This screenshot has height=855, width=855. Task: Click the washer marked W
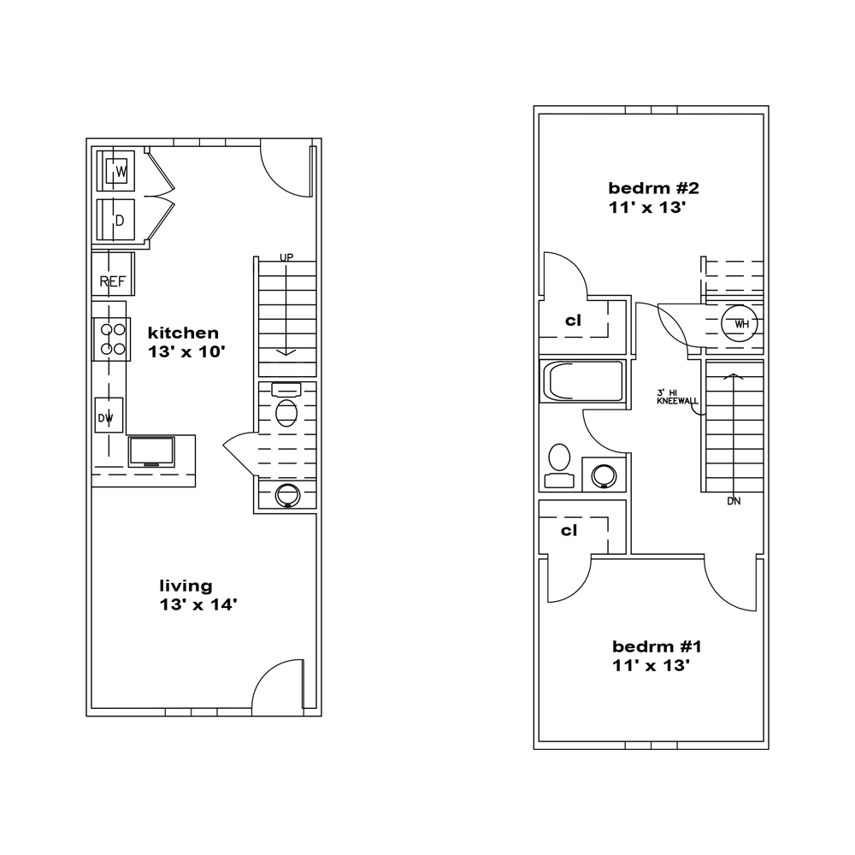tap(115, 171)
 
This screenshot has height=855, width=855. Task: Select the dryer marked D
tap(115, 219)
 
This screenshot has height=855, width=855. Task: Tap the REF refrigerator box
tap(113, 274)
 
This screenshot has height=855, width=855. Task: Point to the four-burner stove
tap(112, 339)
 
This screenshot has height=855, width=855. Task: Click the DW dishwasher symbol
tap(109, 416)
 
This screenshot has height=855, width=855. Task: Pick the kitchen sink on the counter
tap(151, 452)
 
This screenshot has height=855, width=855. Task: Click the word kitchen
tap(183, 333)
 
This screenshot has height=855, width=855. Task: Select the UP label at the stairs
tap(286, 256)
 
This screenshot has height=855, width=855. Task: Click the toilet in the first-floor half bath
tap(286, 405)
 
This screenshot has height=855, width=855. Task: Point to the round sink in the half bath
tap(287, 495)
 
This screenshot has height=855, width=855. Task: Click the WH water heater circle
tap(740, 324)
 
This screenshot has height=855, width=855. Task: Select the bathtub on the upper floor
tap(581, 381)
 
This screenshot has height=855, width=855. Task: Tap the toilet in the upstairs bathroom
tap(559, 466)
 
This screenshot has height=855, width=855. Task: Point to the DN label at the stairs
tap(734, 501)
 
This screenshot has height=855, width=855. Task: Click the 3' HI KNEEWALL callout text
tap(677, 397)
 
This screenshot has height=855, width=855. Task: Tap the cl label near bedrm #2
tap(573, 320)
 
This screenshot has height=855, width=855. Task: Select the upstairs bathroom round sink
tap(604, 475)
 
